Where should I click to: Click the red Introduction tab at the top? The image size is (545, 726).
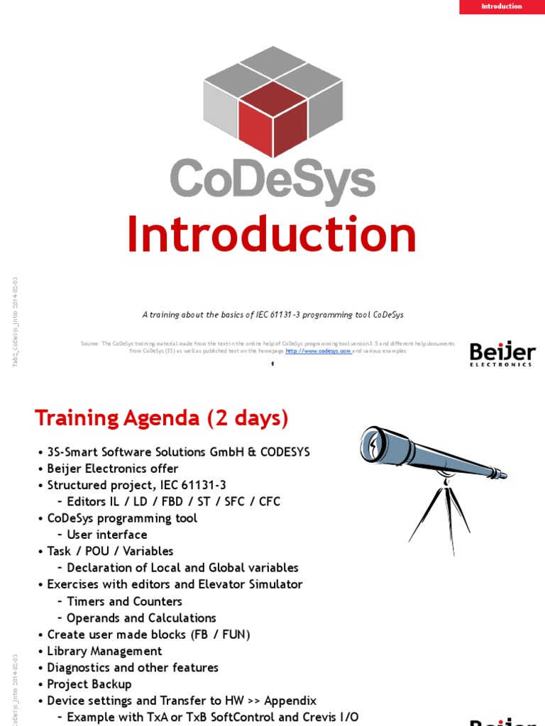pyautogui.click(x=501, y=7)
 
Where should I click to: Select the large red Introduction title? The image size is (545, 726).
pyautogui.click(x=272, y=235)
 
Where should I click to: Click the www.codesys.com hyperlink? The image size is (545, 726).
pyautogui.click(x=318, y=351)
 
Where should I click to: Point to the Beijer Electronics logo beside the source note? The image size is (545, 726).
pyautogui.click(x=501, y=354)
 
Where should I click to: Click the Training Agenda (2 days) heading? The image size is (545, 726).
pyautogui.click(x=162, y=418)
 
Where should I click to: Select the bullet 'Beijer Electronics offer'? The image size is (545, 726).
pyautogui.click(x=112, y=469)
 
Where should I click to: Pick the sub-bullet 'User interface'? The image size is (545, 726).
pyautogui.click(x=106, y=535)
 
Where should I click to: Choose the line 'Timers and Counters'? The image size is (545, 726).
pyautogui.click(x=124, y=601)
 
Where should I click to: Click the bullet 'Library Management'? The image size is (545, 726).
pyautogui.click(x=104, y=651)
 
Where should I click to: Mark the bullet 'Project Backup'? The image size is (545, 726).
pyautogui.click(x=89, y=684)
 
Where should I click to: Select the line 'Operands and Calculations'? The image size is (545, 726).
pyautogui.click(x=141, y=618)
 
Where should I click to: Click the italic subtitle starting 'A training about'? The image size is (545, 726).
pyautogui.click(x=272, y=314)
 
